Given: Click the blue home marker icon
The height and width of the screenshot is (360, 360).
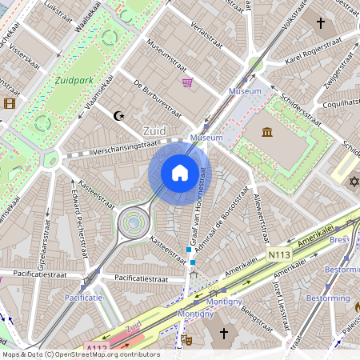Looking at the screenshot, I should pos(180,173).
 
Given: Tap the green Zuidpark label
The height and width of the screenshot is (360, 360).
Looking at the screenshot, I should pos(74,80).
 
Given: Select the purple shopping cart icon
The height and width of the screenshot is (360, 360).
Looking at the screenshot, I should pos(187,82).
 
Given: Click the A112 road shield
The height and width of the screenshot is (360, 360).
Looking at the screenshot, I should pos(96,347).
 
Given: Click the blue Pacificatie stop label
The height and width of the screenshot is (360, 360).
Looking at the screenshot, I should pos(84,298).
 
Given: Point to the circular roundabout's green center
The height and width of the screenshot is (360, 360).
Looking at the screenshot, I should pos(134,222).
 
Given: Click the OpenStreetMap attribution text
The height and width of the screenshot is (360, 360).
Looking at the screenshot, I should pos(80,354).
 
